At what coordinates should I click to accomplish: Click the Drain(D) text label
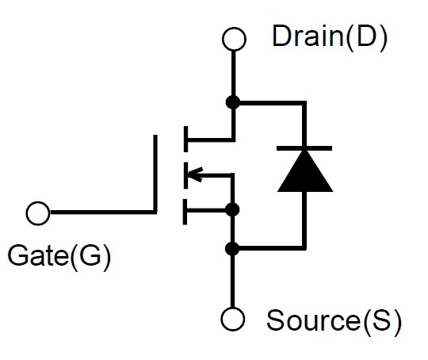[x=330, y=37]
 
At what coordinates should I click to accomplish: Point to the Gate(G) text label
[x=59, y=256]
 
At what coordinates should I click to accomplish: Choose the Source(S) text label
[x=334, y=321]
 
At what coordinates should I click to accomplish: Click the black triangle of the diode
[x=305, y=171]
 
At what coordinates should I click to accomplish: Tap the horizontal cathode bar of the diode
[x=304, y=148]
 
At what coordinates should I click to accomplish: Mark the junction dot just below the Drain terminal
[x=233, y=103]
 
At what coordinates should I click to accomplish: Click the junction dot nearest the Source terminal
[x=232, y=248]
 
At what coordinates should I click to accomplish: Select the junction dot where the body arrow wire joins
[x=232, y=210]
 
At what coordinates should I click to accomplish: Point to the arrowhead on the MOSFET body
[x=195, y=174]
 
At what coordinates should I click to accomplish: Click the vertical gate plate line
[x=155, y=174]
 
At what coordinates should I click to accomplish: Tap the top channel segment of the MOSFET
[x=186, y=139]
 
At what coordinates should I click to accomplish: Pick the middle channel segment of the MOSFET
[x=186, y=175]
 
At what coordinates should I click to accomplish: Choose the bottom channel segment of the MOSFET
[x=185, y=212]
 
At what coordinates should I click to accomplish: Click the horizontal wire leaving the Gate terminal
[x=102, y=213]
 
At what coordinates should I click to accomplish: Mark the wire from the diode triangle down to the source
[x=304, y=220]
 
